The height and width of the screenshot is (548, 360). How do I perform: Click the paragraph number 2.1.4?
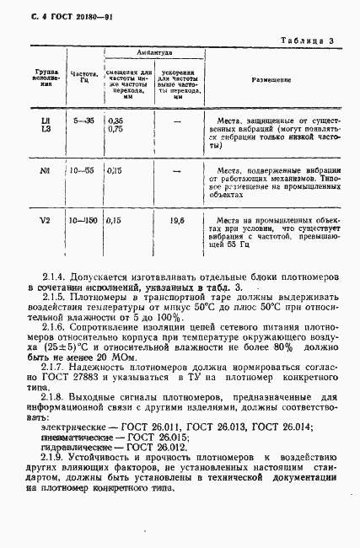point(57,277)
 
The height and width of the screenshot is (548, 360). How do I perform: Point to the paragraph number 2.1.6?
point(57,324)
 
